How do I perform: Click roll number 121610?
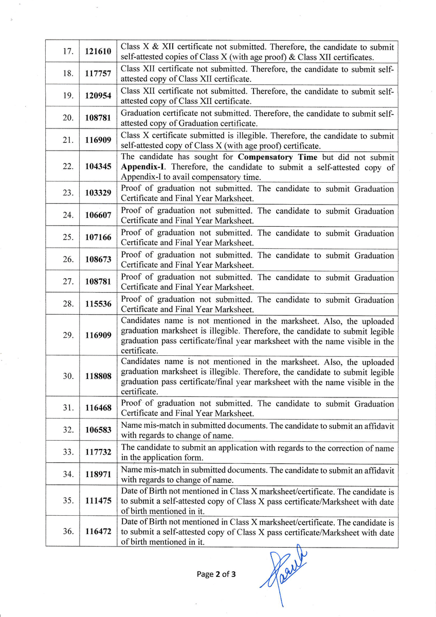(98, 52)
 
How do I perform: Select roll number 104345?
(98, 167)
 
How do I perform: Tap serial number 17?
(67, 52)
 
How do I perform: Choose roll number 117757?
(98, 74)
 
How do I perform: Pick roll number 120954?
(98, 96)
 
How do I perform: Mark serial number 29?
(67, 335)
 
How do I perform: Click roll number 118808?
(98, 376)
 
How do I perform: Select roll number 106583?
(98, 430)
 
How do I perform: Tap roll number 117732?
(98, 452)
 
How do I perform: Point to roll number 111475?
(98, 500)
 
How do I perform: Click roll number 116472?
(98, 531)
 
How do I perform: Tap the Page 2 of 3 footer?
(216, 574)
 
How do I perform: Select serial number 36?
(67, 531)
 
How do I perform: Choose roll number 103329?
(98, 193)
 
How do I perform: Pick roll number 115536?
(98, 304)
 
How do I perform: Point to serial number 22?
(67, 167)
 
